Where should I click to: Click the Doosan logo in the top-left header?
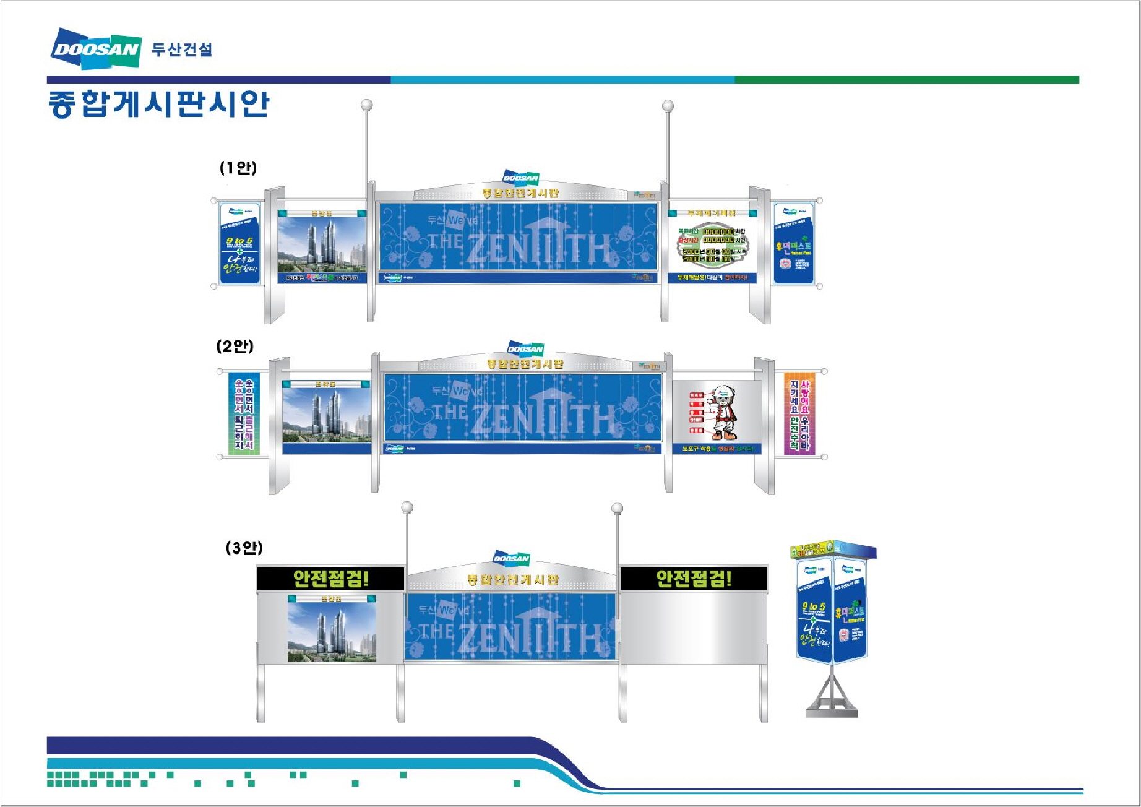[96, 48]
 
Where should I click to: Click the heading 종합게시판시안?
[158, 103]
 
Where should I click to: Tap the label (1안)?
[238, 168]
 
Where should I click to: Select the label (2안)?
[235, 346]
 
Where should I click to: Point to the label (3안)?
[244, 548]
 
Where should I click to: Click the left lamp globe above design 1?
[367, 105]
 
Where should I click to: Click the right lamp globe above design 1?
[668, 106]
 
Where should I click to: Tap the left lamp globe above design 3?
[407, 507]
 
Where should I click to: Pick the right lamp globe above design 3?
[617, 508]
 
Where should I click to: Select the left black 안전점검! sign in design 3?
[330, 579]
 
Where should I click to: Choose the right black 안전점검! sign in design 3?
[694, 579]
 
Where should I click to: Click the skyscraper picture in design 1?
[322, 245]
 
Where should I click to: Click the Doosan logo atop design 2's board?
[525, 348]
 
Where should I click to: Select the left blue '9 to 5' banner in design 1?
[239, 243]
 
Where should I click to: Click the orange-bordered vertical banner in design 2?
[799, 413]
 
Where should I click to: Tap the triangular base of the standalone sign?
[832, 696]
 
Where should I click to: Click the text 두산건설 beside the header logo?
[182, 50]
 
